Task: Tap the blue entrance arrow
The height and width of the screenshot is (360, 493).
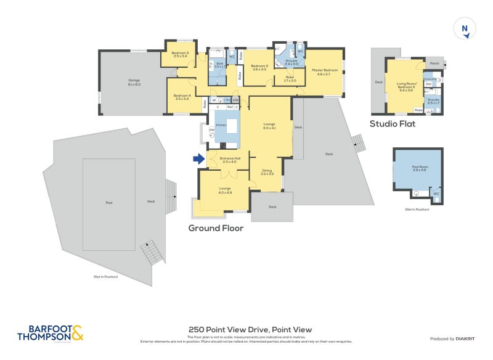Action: point(198,159)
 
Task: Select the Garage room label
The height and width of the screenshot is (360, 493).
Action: point(134,82)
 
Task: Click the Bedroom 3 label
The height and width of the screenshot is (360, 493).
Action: point(181,55)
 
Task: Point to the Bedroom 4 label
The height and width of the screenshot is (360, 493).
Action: point(182,97)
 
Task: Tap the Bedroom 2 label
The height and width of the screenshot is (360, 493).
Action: point(259,67)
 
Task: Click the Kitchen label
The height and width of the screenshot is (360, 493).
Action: point(221,125)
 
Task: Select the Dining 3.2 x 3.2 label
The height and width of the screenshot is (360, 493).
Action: point(267,172)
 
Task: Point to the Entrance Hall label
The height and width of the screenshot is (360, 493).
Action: point(229,160)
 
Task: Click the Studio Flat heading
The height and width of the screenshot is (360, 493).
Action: point(392,124)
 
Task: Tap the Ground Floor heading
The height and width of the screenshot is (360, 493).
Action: point(216,228)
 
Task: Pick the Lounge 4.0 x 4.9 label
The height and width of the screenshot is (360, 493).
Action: point(224,190)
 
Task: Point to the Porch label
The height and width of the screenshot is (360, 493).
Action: point(434,62)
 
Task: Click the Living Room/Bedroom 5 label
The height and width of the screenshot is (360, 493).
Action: point(405,86)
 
